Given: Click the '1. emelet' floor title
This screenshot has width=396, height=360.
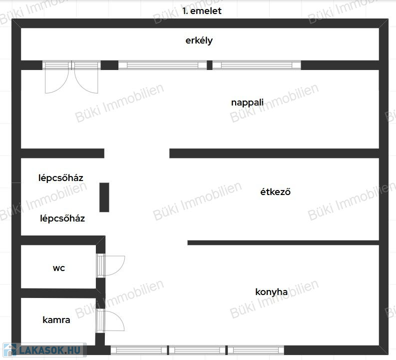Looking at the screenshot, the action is tap(202, 11).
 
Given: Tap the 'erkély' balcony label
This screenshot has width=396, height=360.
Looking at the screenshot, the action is tap(199, 40).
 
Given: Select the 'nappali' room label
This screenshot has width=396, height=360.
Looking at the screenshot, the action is tap(247, 102).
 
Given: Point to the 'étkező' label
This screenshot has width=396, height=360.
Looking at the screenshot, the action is tap(275, 192).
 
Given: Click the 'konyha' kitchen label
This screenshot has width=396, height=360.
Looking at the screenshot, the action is tap(271, 292).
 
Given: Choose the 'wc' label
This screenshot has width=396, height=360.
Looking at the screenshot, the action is tap(59, 268).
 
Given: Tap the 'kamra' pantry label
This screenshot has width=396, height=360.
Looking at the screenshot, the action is tap(56, 320).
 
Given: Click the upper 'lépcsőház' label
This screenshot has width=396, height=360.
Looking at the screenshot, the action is tap(60, 178).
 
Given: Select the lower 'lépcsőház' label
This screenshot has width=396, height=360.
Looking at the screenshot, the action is tap(62, 218).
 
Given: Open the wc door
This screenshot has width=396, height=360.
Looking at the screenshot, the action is tap(111, 265).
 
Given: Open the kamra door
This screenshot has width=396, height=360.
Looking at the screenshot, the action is tap(111, 320).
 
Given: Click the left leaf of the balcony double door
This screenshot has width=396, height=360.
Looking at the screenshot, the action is tap(57, 77).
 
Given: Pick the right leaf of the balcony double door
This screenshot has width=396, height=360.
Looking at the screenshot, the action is tap(86, 77).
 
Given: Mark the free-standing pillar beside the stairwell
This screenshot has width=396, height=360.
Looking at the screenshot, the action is tap(104, 197).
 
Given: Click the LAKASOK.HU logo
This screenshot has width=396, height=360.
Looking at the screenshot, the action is tap(44, 350).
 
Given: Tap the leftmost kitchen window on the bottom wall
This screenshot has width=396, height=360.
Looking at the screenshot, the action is tap(139, 350).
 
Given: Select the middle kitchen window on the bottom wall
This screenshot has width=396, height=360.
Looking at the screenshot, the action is tap(197, 350).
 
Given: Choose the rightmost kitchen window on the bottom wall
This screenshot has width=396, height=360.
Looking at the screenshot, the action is tap(256, 350).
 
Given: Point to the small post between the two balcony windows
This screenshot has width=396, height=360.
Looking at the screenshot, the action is tap(209, 65).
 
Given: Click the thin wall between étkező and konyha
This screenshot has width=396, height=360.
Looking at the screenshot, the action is tap(283, 242).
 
